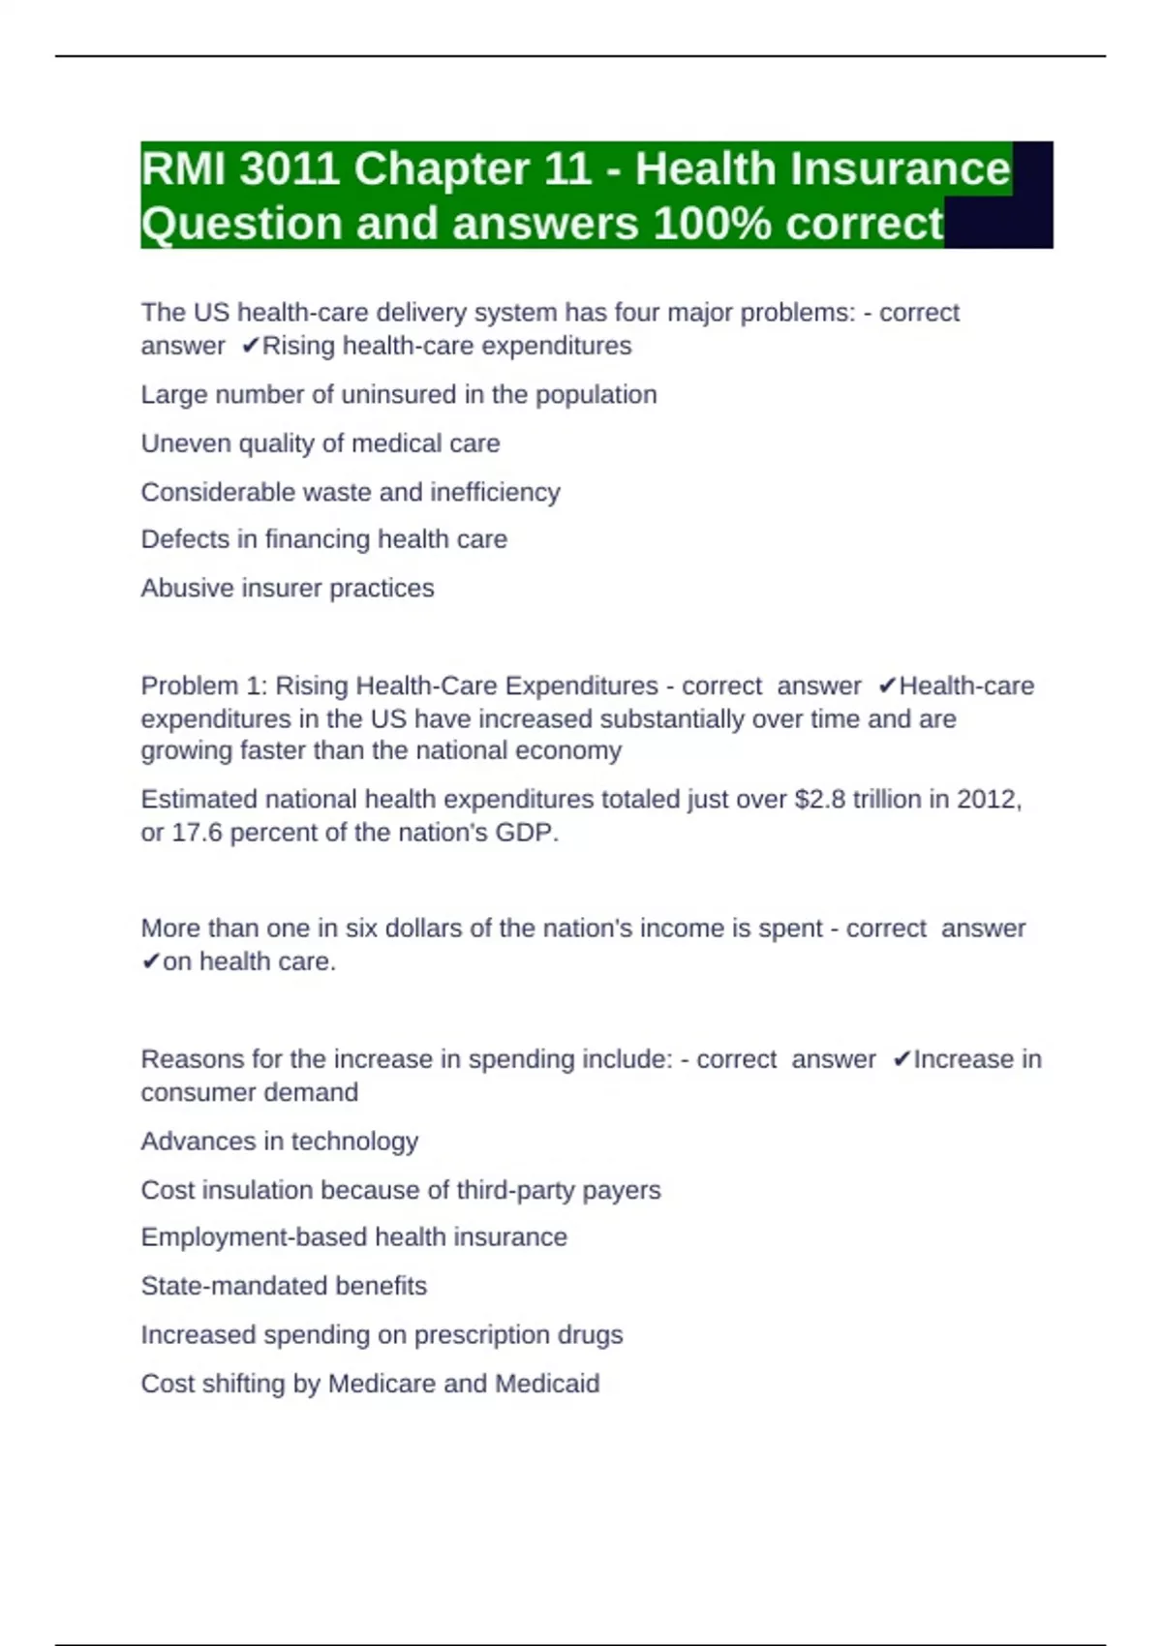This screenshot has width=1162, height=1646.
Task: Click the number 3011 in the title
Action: (x=289, y=169)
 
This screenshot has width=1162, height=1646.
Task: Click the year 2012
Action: (x=987, y=800)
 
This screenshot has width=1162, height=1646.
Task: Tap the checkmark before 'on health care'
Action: (x=150, y=961)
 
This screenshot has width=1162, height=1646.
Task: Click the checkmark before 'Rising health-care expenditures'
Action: (x=250, y=346)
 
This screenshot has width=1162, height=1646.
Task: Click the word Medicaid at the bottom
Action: (x=547, y=1384)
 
